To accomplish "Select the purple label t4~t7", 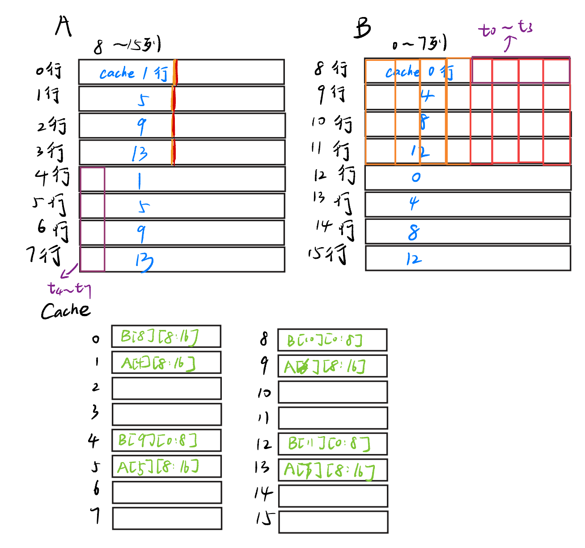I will click(x=69, y=289).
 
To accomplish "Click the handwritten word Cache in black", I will click(x=65, y=311).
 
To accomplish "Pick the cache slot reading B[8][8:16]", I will click(x=166, y=337).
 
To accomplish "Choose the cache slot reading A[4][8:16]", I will click(x=166, y=363).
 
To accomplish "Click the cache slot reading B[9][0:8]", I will click(x=166, y=441).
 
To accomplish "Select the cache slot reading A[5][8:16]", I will click(x=166, y=467).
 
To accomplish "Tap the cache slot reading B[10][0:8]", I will click(x=332, y=340).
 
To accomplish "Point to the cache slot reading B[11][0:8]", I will click(x=332, y=444).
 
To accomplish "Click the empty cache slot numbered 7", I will click(x=167, y=518).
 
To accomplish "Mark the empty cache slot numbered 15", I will click(x=333, y=522).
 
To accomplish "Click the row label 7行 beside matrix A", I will click(x=45, y=255).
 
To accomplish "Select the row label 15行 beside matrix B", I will click(x=328, y=254).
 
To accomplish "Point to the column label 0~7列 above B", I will click(x=419, y=44).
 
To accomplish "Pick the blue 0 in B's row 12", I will click(x=416, y=177).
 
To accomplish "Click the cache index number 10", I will click(x=264, y=393).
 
